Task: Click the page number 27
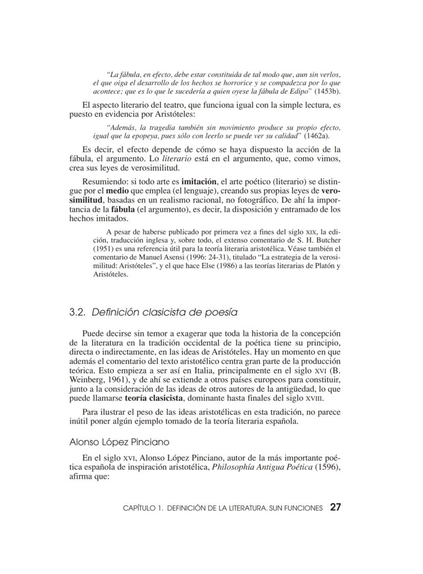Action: (x=335, y=508)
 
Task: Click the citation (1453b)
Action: (x=327, y=91)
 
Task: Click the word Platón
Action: (x=322, y=266)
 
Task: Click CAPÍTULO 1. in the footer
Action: (x=144, y=509)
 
